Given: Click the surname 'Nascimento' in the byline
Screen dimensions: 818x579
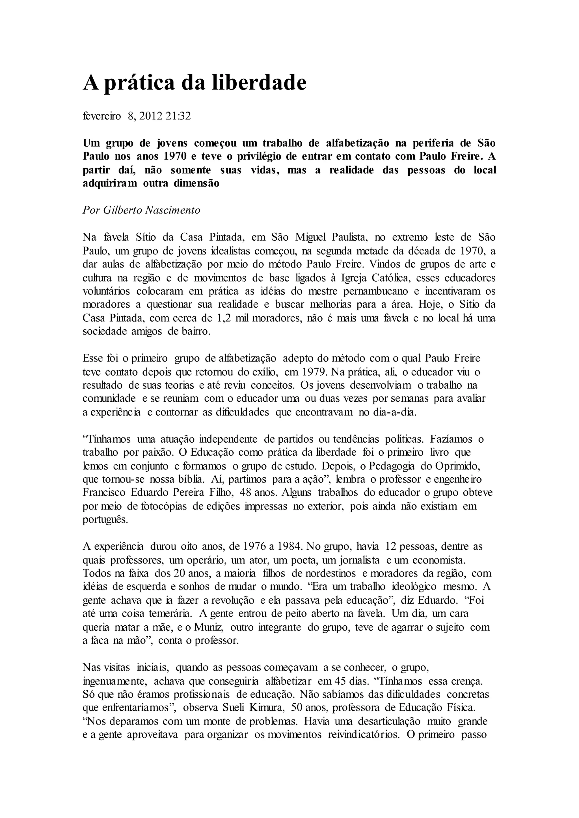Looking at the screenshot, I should pos(172,210).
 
